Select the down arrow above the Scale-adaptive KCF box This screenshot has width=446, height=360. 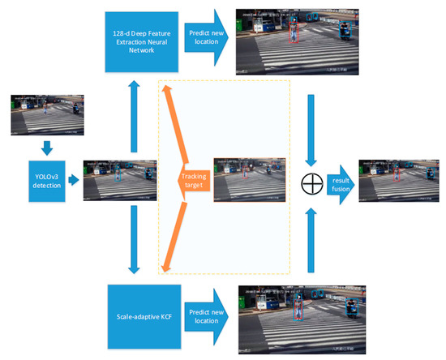131,240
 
